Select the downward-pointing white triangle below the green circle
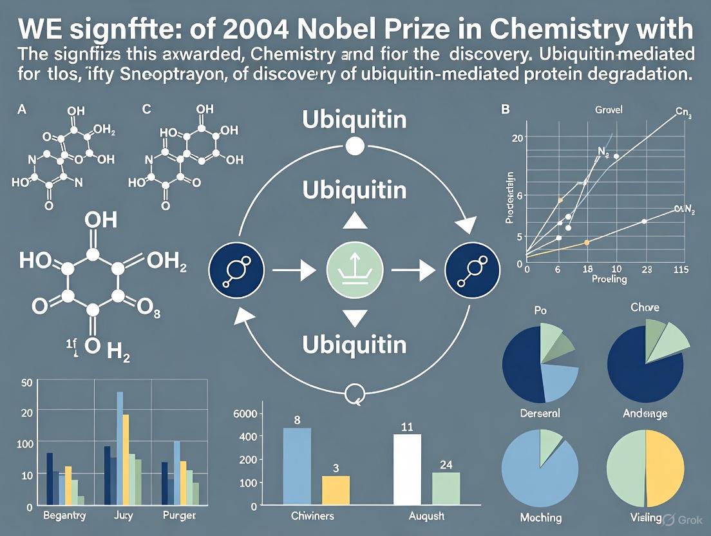point(355,317)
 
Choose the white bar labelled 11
point(407,469)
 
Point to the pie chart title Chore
point(645,307)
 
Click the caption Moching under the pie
point(540,517)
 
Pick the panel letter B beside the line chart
point(506,110)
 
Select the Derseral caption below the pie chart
point(540,413)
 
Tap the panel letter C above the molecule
point(146,110)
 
